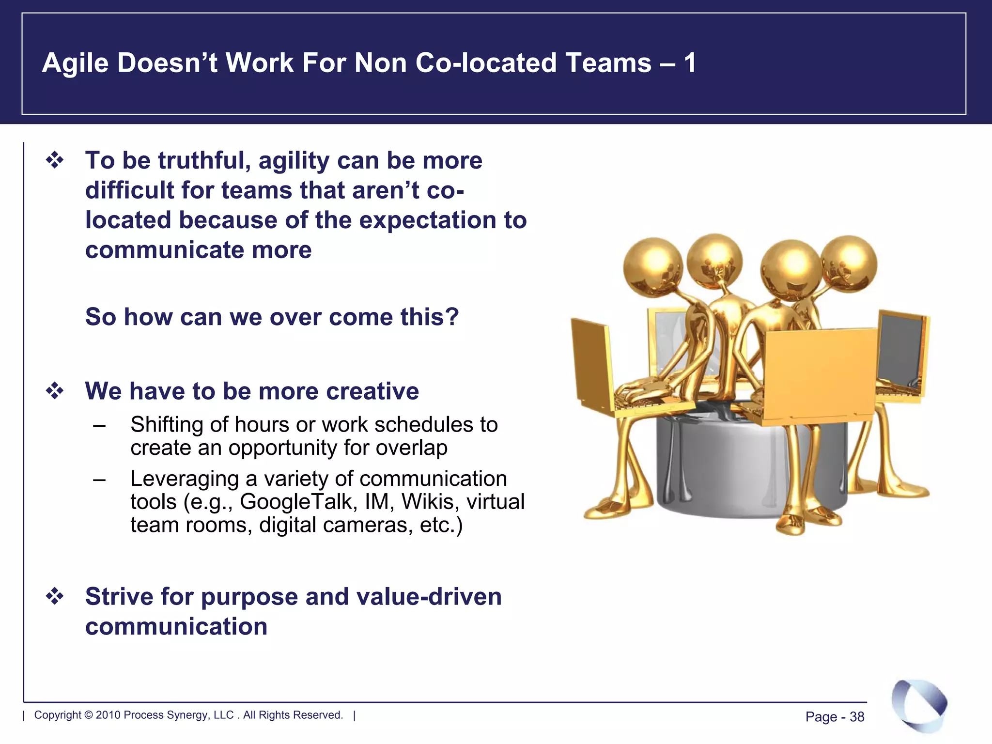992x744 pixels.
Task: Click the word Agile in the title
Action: [75, 63]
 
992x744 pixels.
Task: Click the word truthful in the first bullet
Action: [204, 160]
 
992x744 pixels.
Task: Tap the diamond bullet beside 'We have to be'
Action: [55, 390]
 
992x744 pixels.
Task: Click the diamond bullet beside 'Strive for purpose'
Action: [55, 596]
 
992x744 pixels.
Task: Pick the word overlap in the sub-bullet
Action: [411, 448]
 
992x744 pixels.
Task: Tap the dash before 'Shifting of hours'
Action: [99, 426]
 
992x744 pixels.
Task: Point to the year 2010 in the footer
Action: [108, 715]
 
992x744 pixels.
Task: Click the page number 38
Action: [857, 717]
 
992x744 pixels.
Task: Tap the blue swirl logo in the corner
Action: [919, 705]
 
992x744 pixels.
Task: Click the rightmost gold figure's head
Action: [849, 264]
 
